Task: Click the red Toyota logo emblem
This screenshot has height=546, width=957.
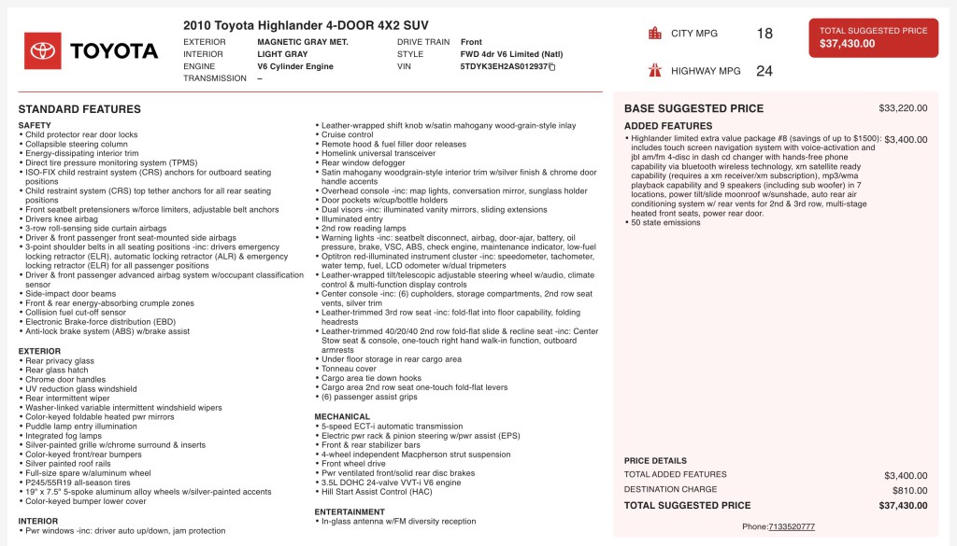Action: point(43,50)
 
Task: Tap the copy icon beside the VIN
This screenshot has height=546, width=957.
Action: point(552,67)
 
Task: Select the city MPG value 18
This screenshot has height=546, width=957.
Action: point(764,34)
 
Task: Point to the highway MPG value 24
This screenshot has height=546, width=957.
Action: point(764,71)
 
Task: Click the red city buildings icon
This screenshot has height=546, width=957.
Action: point(655,34)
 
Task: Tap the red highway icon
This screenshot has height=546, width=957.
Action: point(655,71)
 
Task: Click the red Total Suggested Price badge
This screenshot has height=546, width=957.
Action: point(873,37)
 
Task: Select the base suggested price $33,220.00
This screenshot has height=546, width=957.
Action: point(903,108)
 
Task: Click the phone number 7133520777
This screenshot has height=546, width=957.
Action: point(792,526)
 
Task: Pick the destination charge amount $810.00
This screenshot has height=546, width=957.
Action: point(909,490)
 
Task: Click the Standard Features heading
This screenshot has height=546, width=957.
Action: point(79,109)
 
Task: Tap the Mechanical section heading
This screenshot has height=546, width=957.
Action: point(342,417)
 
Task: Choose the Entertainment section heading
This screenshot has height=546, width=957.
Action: point(350,512)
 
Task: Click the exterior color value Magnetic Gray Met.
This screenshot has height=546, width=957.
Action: point(302,42)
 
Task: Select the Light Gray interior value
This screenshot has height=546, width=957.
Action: point(282,54)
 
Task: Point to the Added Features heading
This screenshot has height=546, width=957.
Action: point(668,126)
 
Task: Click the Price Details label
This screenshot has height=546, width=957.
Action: point(655,461)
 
